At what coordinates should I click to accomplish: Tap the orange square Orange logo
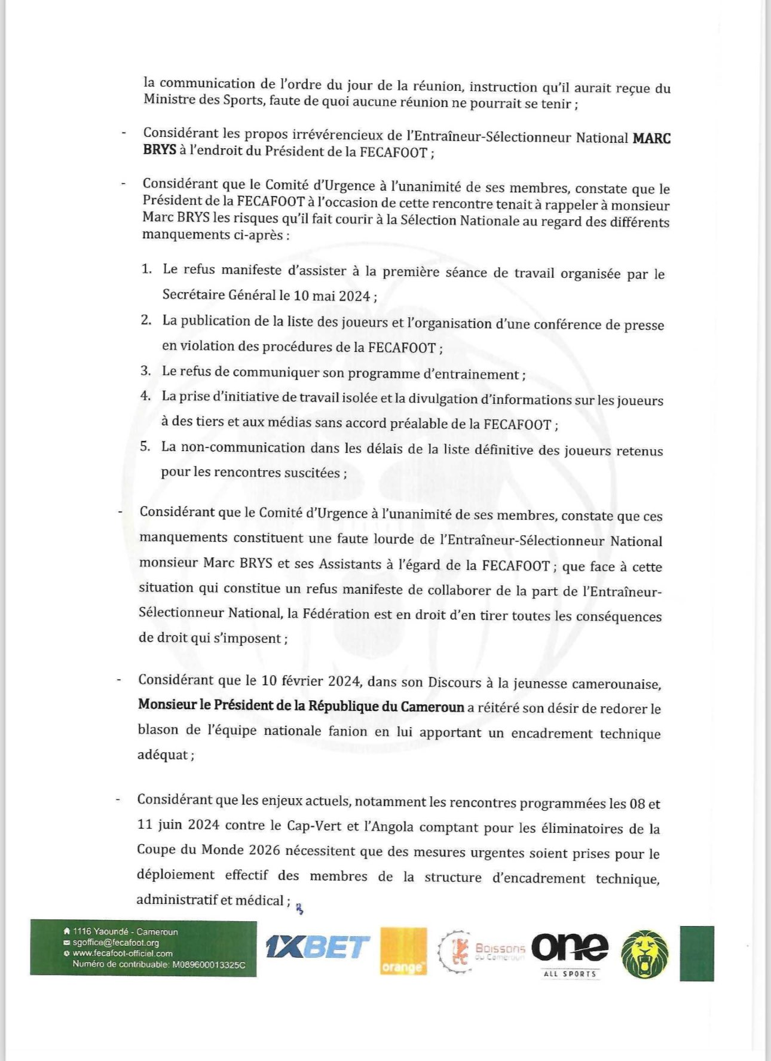pyautogui.click(x=403, y=950)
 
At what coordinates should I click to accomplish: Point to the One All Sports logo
pyautogui.click(x=570, y=950)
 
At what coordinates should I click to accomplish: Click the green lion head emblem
pyautogui.click(x=645, y=953)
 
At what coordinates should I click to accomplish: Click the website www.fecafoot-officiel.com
pyautogui.click(x=122, y=953)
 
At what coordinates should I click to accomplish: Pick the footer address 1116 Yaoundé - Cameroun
pyautogui.click(x=125, y=932)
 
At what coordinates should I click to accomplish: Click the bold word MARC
pyautogui.click(x=651, y=139)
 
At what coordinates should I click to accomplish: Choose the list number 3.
pyautogui.click(x=145, y=370)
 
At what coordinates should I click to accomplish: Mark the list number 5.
pyautogui.click(x=145, y=446)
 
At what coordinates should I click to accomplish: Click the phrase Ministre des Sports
pyautogui.click(x=203, y=100)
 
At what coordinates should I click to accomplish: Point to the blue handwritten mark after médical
pyautogui.click(x=300, y=909)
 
